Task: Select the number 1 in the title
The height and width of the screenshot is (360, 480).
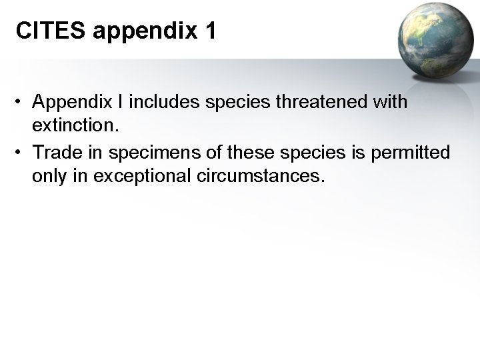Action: [208, 32]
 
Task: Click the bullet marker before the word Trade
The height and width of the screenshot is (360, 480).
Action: [22, 153]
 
